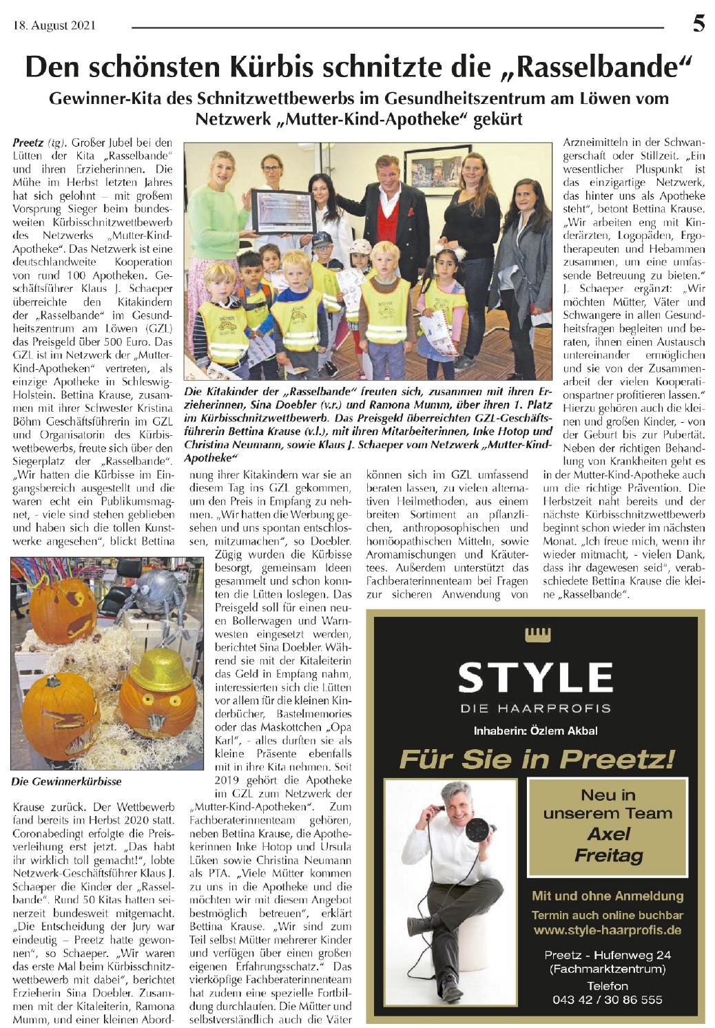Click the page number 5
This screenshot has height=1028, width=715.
click(698, 25)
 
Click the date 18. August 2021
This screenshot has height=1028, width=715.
click(54, 27)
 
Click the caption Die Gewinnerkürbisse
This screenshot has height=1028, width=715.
click(66, 782)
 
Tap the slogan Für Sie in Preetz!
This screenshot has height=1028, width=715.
click(537, 759)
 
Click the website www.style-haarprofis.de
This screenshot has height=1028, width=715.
click(607, 930)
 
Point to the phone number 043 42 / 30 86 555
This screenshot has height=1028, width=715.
click(607, 999)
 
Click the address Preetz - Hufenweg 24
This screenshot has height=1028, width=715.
click(607, 956)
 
